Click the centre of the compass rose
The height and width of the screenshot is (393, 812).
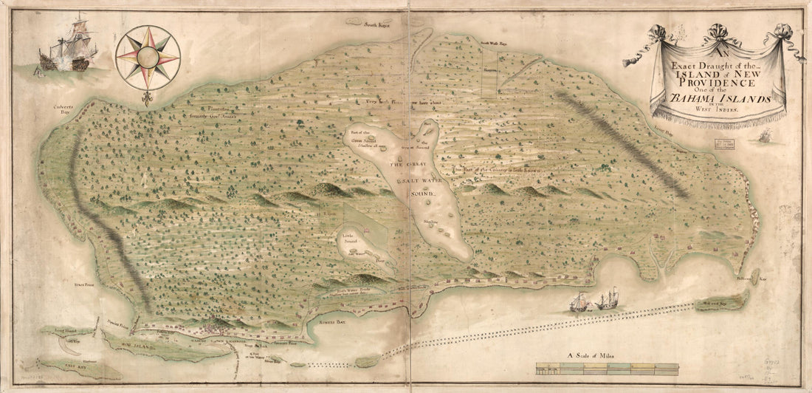click(x=147, y=57)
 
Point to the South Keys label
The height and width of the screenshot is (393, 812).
click(x=374, y=24)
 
